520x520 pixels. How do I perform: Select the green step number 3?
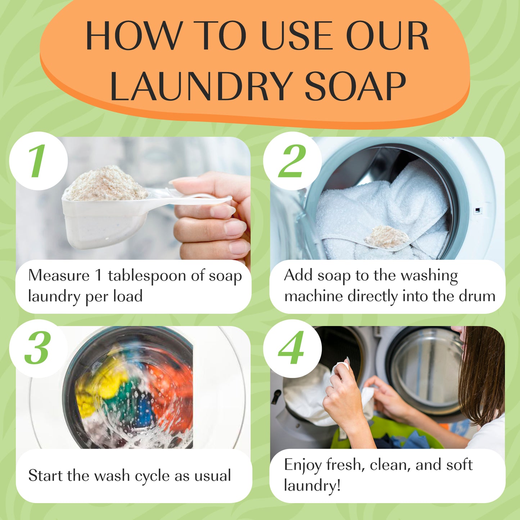(x=37, y=348)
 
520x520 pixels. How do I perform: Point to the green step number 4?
(x=291, y=348)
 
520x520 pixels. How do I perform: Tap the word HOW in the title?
(x=133, y=36)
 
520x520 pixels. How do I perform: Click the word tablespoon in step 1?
(x=147, y=276)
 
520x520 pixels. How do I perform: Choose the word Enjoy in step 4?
(x=302, y=465)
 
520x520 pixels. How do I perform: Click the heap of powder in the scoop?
(x=106, y=184)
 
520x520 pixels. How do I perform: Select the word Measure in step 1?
(x=59, y=276)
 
